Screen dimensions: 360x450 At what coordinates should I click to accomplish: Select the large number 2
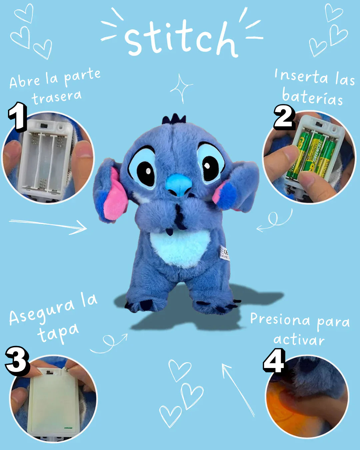[x=284, y=117]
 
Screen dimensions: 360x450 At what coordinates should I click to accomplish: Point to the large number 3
[x=17, y=361]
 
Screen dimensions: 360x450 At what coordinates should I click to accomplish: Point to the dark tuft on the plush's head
[x=174, y=119]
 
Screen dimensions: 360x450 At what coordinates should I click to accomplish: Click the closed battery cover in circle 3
[x=53, y=405]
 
